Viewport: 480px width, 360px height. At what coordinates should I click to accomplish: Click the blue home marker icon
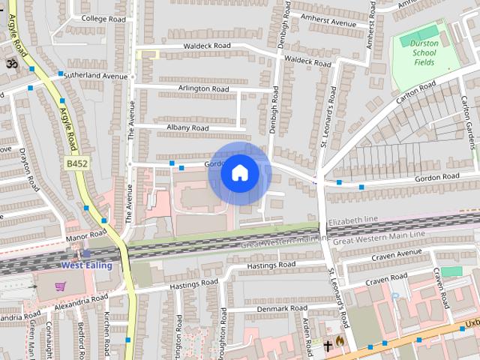(x=239, y=173)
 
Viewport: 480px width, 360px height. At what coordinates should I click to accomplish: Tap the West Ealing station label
(x=86, y=265)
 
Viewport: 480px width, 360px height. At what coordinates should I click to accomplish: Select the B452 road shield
(x=76, y=163)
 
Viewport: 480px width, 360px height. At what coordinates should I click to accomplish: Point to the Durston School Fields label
(x=424, y=53)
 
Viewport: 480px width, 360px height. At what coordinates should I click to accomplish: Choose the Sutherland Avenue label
(x=95, y=76)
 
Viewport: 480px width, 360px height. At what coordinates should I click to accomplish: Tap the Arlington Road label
(x=203, y=88)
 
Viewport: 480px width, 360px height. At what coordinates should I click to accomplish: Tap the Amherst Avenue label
(x=327, y=22)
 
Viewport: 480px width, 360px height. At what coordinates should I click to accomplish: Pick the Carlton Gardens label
(x=469, y=124)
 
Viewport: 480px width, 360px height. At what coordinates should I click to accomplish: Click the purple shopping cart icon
(x=60, y=286)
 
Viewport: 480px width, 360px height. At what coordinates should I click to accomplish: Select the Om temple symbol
(x=11, y=64)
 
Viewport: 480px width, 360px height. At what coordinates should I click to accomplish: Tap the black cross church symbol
(x=328, y=345)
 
